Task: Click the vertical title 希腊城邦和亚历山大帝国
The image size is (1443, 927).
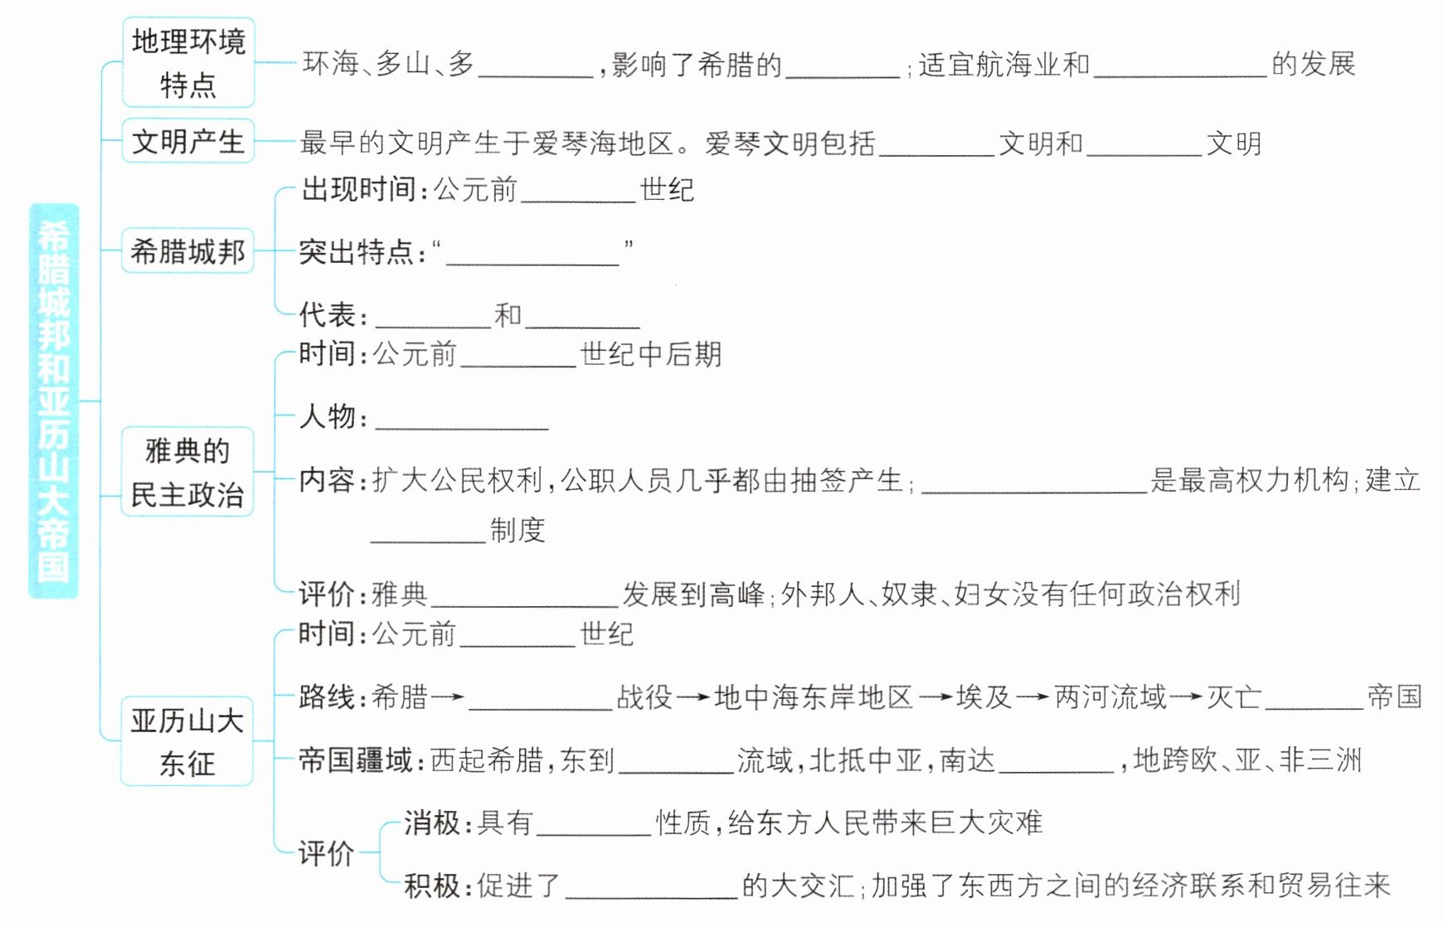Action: pos(53,400)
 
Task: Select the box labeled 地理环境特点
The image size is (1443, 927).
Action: pos(188,63)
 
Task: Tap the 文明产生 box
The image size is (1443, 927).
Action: pos(188,141)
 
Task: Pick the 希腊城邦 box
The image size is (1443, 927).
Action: pos(188,250)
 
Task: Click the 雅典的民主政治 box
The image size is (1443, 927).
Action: pos(187,473)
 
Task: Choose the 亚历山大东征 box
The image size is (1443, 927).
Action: pos(187,741)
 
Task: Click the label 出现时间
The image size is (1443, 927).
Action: pos(359,190)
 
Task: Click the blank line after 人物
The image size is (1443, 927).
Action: pos(462,421)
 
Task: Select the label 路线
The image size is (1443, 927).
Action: pos(328,696)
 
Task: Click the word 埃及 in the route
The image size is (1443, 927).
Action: pos(984,696)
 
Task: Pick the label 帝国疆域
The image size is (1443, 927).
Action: pos(357,760)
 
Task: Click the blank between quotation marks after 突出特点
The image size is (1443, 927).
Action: pos(532,255)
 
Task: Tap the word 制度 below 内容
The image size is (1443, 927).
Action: pos(517,530)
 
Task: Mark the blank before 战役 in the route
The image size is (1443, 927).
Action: pos(540,701)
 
